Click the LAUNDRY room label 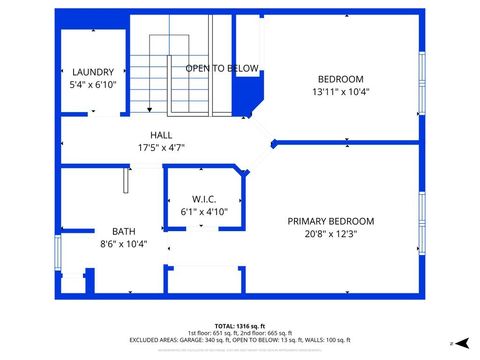(x=93, y=72)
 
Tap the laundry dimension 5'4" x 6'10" (x=93, y=85)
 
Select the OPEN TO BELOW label (x=222, y=68)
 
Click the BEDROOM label (x=340, y=79)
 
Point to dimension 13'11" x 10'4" (x=340, y=92)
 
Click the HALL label (x=161, y=135)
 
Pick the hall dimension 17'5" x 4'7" (x=161, y=148)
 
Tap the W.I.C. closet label (x=204, y=200)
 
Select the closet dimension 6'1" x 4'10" (x=204, y=212)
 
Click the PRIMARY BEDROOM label (x=330, y=221)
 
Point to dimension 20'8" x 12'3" (x=330, y=234)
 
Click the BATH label (x=123, y=231)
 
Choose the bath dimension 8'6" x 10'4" (x=123, y=244)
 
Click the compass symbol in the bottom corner (x=452, y=343)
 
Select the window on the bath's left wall (x=57, y=251)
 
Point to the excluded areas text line (x=240, y=340)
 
